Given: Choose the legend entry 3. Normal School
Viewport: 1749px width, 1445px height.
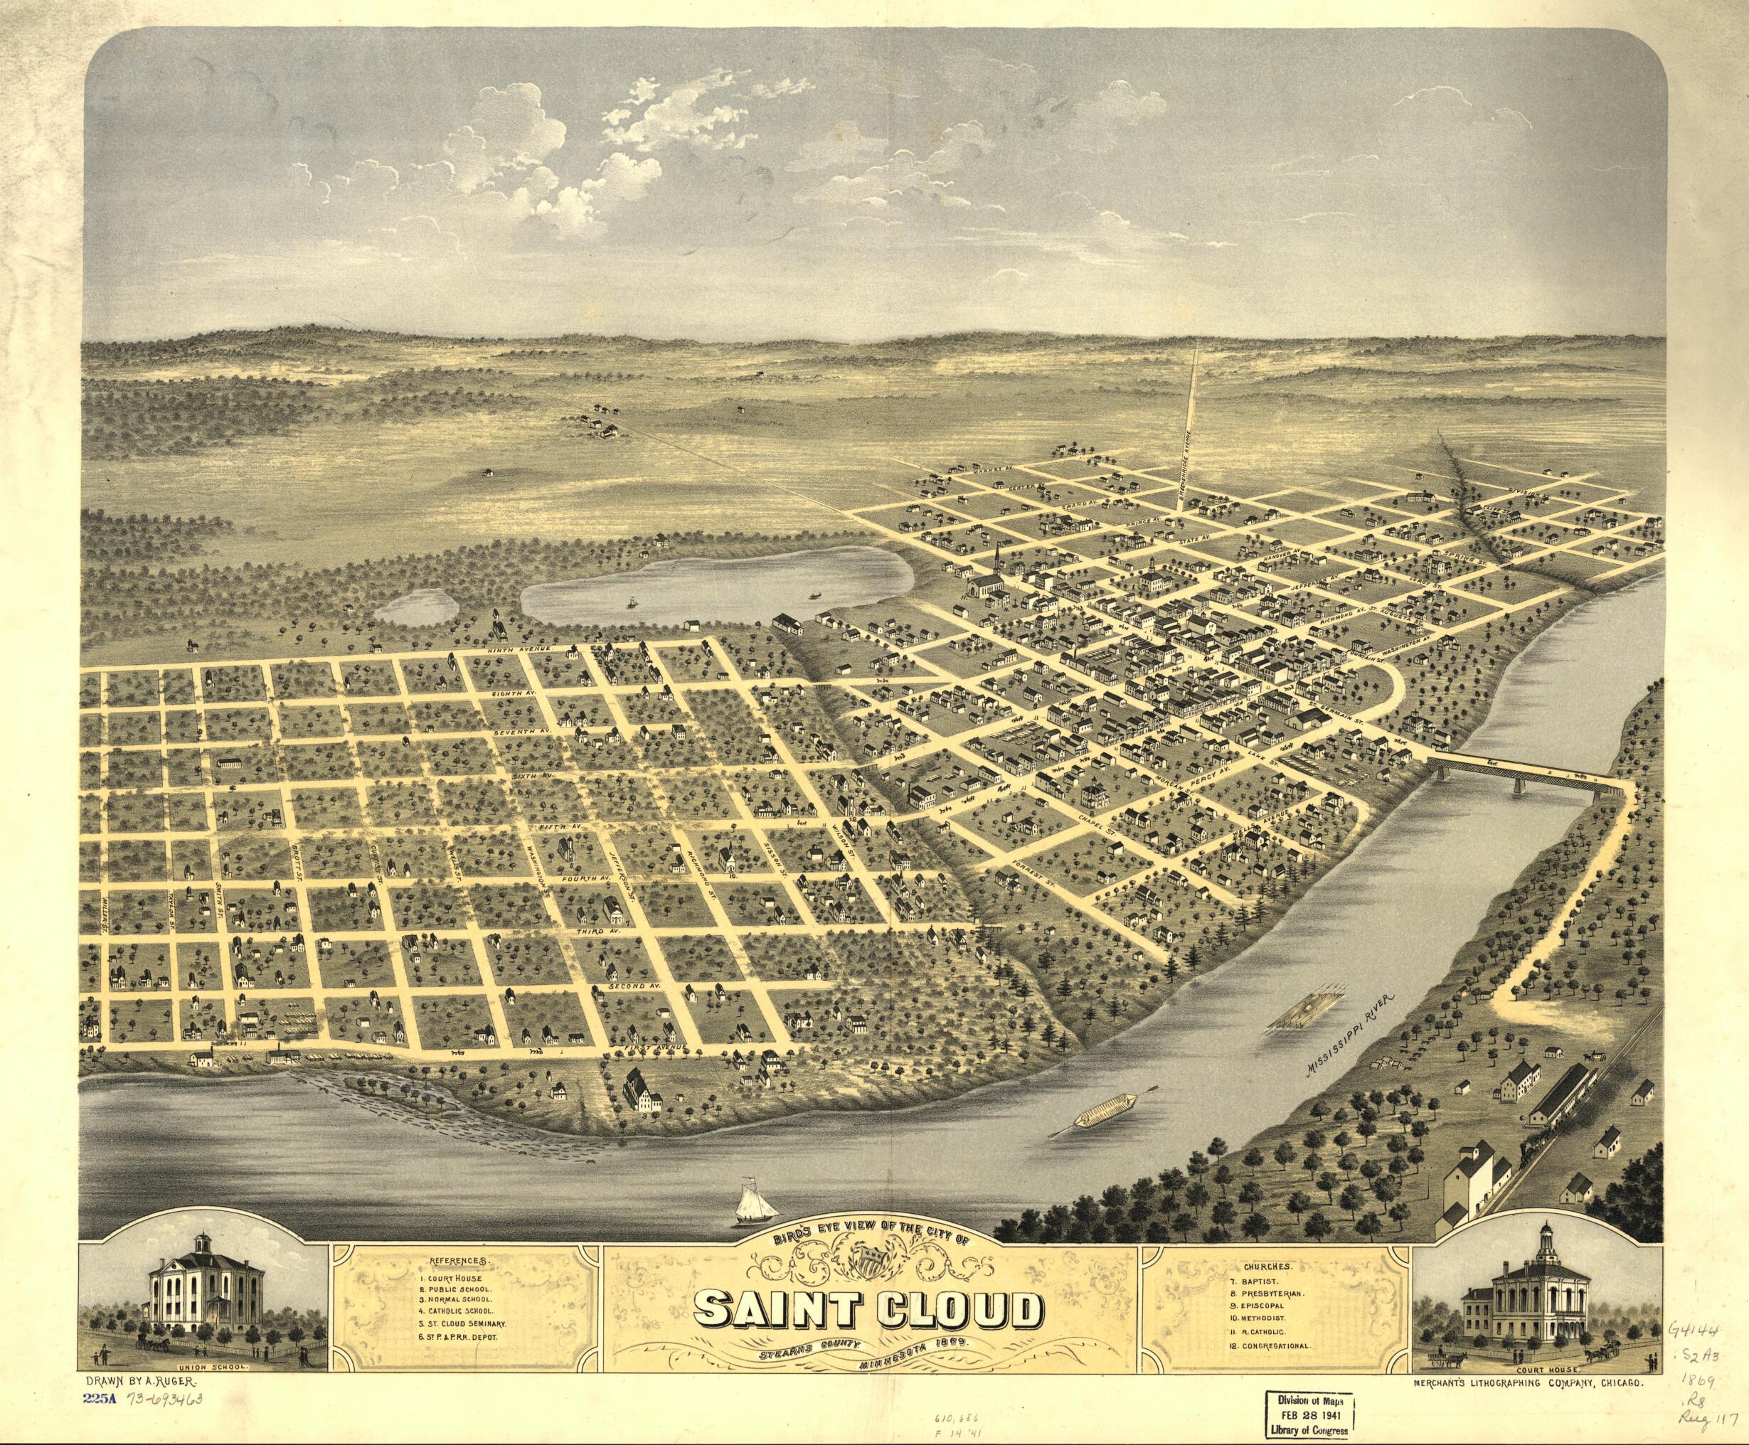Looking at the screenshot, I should (x=465, y=1298).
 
